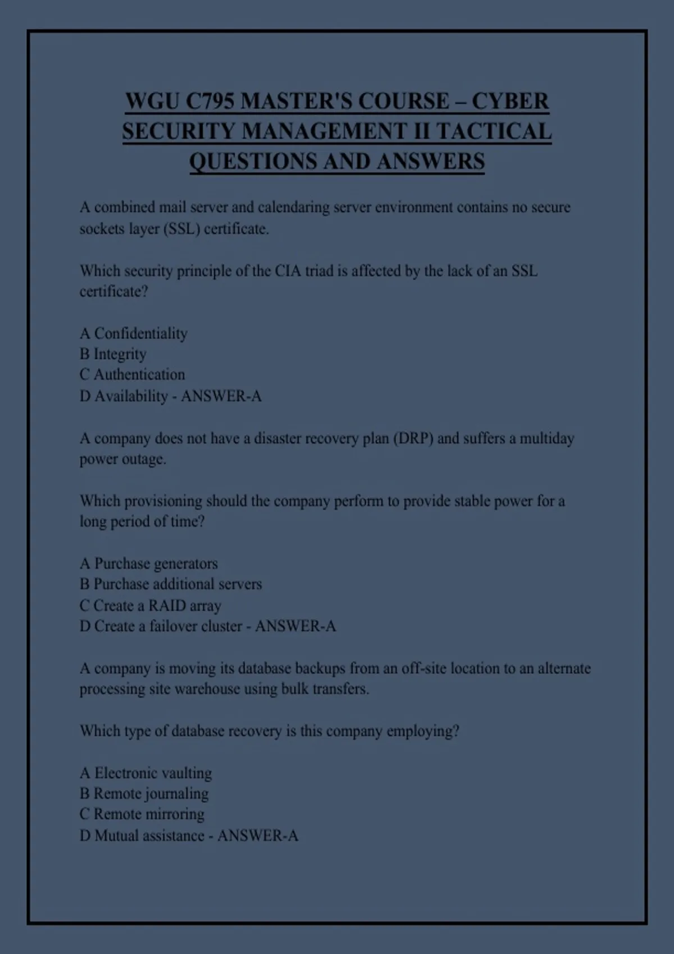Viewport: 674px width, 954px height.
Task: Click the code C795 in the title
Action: pos(209,102)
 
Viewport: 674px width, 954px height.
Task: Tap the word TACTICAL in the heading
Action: pos(494,132)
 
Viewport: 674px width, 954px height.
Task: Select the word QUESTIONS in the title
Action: pos(252,162)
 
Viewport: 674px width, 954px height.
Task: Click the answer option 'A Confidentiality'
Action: pos(134,333)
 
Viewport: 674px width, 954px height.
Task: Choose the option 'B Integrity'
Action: pos(113,354)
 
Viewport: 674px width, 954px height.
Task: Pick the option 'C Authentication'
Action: pos(132,374)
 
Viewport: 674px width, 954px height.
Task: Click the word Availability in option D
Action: pos(131,396)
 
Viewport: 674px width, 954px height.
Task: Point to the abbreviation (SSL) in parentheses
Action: pos(181,229)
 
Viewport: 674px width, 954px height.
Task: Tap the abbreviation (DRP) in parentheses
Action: pos(413,438)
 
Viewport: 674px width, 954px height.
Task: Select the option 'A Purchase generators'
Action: pos(149,563)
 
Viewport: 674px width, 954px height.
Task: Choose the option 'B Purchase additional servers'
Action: pos(171,584)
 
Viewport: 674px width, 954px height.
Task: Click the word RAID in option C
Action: pos(167,606)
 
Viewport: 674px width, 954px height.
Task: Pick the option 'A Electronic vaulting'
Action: pos(146,773)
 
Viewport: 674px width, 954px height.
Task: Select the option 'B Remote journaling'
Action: pos(144,794)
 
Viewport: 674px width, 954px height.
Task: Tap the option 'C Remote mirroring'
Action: pos(142,814)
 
